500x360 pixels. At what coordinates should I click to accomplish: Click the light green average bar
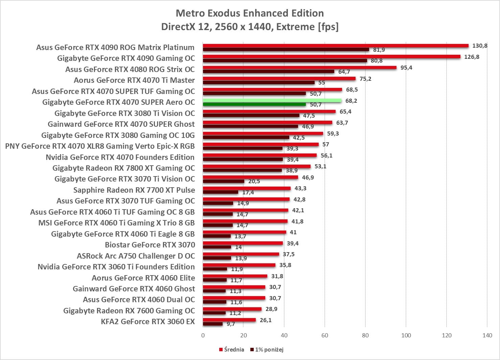click(272, 100)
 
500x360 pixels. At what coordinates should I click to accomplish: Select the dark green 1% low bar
click(254, 104)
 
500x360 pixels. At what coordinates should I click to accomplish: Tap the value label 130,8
click(480, 46)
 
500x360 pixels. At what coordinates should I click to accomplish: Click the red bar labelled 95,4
click(299, 68)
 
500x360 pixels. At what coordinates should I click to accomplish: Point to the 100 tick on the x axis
click(406, 335)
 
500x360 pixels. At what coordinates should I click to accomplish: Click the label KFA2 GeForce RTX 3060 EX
click(148, 321)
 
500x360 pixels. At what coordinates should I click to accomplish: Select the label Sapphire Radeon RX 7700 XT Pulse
click(134, 190)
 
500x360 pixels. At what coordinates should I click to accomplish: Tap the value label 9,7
click(231, 324)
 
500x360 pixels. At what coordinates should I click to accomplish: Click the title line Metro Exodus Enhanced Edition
click(250, 13)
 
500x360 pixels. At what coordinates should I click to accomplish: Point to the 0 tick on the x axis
click(203, 335)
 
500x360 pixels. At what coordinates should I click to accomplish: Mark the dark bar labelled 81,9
click(286, 50)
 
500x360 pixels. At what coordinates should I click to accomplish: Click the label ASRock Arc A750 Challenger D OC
click(136, 256)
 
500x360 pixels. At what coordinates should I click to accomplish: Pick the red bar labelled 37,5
click(241, 254)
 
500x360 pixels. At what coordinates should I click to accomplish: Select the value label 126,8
click(472, 57)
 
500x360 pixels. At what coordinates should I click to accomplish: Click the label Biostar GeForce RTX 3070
click(150, 245)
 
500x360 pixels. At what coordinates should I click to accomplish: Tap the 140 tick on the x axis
click(487, 335)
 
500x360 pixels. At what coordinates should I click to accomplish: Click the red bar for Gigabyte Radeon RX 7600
click(232, 309)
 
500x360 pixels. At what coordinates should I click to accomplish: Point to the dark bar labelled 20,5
click(223, 181)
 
